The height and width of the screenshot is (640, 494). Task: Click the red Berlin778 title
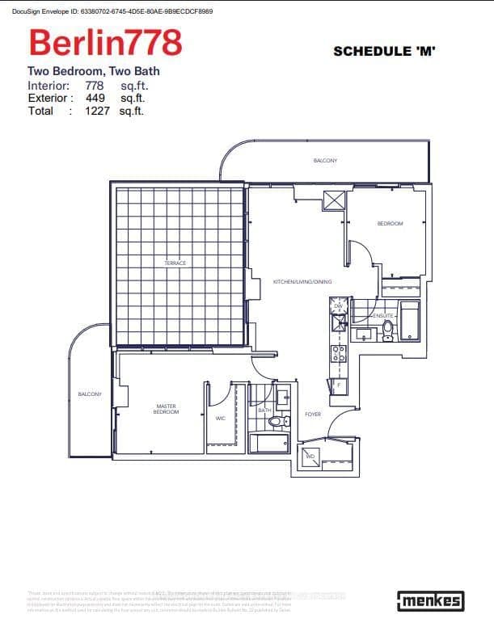point(105,41)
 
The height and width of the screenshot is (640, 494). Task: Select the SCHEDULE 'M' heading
point(384,51)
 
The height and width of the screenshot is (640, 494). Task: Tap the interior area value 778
point(95,85)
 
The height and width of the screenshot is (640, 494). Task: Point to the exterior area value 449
point(95,98)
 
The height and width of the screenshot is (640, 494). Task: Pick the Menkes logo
point(430,600)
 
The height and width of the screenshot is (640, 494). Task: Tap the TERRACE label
point(175,263)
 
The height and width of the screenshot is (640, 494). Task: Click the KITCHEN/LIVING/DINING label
point(302,281)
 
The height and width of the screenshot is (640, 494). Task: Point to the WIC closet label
point(220,419)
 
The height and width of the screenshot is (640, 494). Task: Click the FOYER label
point(313,415)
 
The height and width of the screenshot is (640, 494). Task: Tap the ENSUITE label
point(383,315)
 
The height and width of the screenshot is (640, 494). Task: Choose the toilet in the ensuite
point(387,329)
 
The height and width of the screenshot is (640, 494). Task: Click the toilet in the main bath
point(276,421)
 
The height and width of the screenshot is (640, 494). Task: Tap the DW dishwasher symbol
point(338,305)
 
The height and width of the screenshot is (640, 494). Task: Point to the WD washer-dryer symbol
point(310,457)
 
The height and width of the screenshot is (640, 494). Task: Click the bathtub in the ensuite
point(410,320)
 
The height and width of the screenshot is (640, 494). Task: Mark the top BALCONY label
point(325,161)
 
